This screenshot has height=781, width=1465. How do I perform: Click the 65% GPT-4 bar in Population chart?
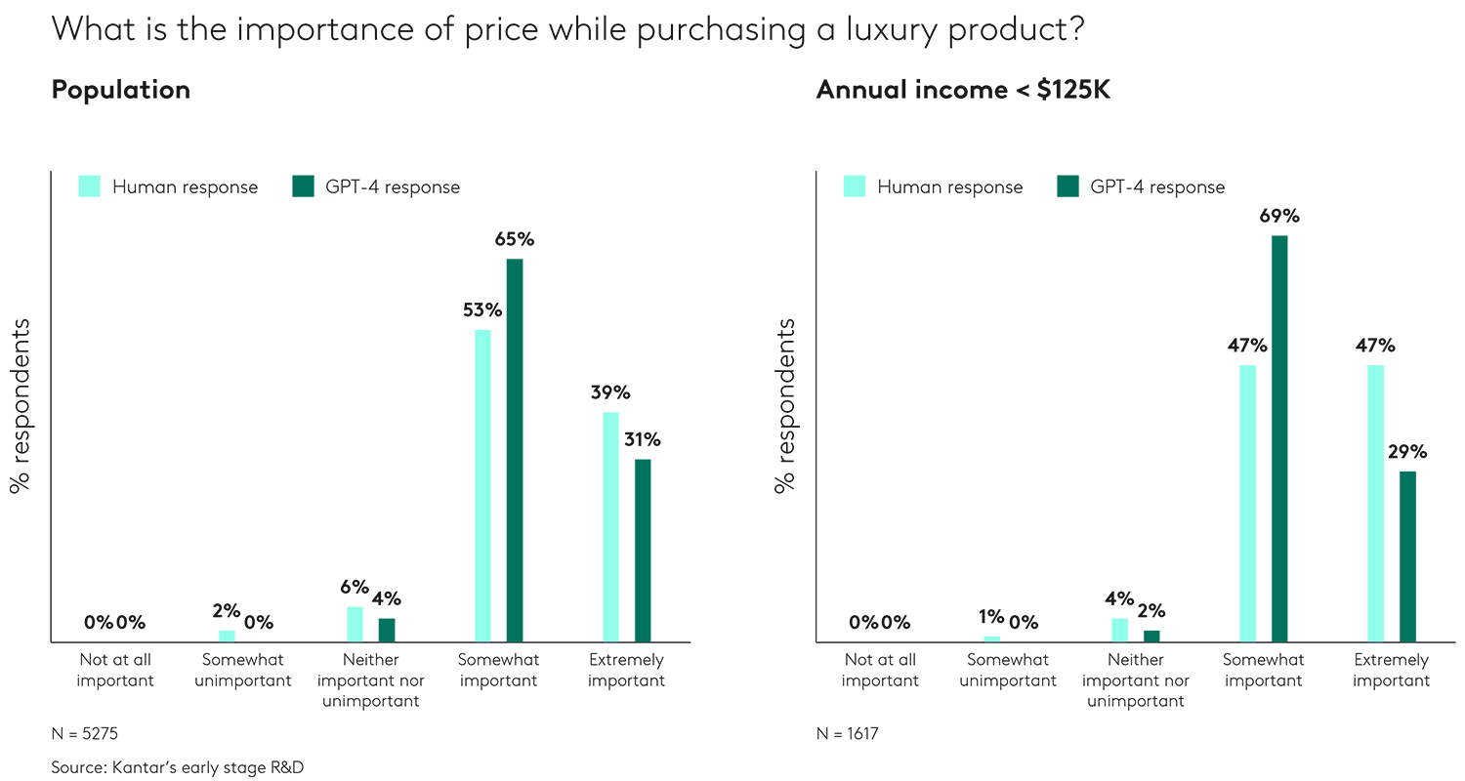514,450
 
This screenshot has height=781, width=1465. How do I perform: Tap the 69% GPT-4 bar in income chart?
1279,438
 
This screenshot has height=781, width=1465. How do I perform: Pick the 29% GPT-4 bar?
1407,556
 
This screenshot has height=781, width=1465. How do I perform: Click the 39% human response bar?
610,527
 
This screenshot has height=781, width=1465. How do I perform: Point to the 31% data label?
643,439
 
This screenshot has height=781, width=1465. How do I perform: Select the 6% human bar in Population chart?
355,624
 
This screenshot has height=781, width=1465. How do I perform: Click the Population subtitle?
120,90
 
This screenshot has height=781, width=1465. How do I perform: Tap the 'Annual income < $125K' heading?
963,90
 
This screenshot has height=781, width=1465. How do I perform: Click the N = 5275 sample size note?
85,732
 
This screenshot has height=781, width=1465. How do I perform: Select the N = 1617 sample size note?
848,732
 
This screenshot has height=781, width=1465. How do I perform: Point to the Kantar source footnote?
177,767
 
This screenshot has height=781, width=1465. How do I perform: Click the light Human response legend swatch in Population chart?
90,186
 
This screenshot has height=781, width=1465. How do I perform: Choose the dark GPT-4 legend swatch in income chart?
1068,186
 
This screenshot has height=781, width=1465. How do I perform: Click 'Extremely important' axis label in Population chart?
626,671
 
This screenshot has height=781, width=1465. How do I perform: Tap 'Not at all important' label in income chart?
880,671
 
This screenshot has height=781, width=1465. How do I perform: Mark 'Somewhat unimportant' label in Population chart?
242,671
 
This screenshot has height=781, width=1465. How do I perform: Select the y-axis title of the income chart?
785,405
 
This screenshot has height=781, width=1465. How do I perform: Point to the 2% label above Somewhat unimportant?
226,611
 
